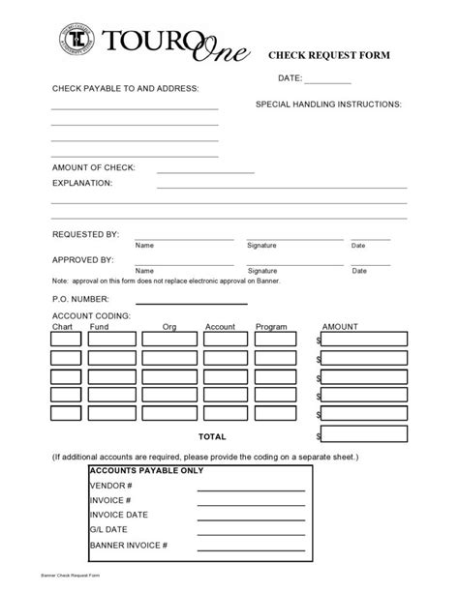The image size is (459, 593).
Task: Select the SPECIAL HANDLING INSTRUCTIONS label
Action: (x=328, y=103)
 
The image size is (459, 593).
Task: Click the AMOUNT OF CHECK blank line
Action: (x=203, y=171)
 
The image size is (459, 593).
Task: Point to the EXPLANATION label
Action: (x=82, y=182)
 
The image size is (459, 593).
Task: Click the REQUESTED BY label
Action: (x=85, y=234)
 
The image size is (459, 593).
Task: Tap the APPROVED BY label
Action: (x=83, y=259)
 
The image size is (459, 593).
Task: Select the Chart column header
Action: (x=62, y=327)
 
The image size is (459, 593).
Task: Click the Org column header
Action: (x=169, y=327)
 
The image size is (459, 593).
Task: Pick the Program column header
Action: (x=271, y=327)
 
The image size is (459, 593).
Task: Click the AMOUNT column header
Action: (x=340, y=327)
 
